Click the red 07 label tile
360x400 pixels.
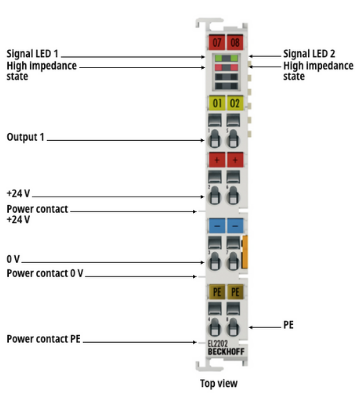pos(217,42)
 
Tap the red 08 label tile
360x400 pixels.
pos(235,42)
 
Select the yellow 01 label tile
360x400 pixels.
pos(217,103)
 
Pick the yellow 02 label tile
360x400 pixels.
pos(235,103)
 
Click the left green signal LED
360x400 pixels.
pos(218,58)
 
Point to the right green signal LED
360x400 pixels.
pos(234,58)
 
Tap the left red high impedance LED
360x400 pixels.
pos(218,67)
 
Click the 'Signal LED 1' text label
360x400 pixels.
pos(32,54)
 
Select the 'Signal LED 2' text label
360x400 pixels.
pos(309,54)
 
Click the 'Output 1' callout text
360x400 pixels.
pos(25,137)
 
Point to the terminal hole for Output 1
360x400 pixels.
pos(215,139)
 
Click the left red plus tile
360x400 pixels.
pos(217,160)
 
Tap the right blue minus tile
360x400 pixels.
pos(235,226)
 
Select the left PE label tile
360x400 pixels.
pos(217,292)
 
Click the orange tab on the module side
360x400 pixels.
pos(245,252)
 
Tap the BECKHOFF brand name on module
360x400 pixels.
pos(226,352)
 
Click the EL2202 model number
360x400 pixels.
pos(218,344)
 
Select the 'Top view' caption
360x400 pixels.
pos(219,383)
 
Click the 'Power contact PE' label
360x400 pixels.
pos(43,339)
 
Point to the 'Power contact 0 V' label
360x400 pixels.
pos(45,273)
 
